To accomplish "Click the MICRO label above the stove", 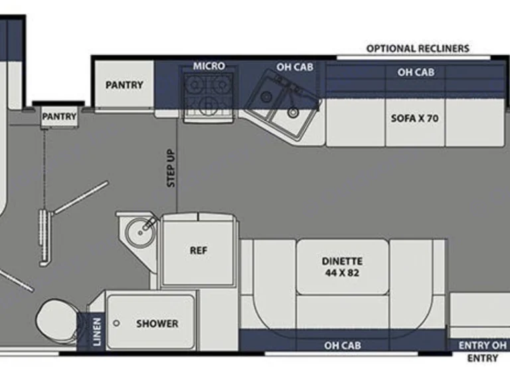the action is coord(209,66).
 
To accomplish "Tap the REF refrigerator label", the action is coord(199,251).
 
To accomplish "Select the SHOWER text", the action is coord(157,324).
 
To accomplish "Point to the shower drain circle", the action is coord(116,323).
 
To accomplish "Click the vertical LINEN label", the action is coord(97,332).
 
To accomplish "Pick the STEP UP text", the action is coord(171,168).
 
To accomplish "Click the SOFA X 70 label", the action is coord(414,118).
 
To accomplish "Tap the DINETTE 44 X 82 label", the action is coord(342,267).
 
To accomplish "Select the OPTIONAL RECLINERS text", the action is coord(418,49).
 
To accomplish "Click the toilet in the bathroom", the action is coord(58,320).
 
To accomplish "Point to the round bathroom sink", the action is coord(141,232).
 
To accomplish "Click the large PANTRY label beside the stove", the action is coord(124,85).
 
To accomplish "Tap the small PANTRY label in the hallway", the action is coord(59,116).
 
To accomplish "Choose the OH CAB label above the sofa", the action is coord(416,72).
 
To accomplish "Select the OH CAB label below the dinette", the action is coord(343,346).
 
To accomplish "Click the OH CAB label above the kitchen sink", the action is coord(295,67).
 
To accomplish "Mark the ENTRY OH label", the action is coord(483,345).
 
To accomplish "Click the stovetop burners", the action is coord(209,94).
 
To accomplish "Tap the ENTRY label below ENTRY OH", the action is coord(483,358).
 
